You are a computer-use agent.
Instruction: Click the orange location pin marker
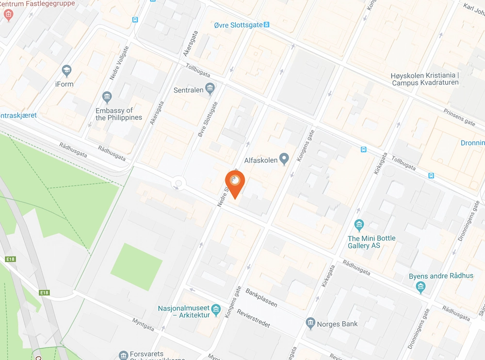click(235, 183)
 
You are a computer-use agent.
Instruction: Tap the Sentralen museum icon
click(210, 88)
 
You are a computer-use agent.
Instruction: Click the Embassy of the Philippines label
click(119, 114)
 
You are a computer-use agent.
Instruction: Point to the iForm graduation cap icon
click(67, 71)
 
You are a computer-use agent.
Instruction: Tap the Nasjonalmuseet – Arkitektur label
click(184, 312)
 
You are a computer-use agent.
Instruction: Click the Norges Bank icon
click(311, 323)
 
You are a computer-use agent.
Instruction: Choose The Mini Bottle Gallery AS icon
click(359, 225)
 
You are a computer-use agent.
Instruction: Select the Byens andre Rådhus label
click(441, 276)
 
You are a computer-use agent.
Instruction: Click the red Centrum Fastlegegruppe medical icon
click(8, 15)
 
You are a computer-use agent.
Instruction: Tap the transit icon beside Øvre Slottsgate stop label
click(267, 25)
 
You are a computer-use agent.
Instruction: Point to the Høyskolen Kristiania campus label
click(424, 79)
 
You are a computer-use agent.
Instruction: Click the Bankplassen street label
click(261, 297)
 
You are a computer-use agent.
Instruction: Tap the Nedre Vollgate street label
click(119, 63)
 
